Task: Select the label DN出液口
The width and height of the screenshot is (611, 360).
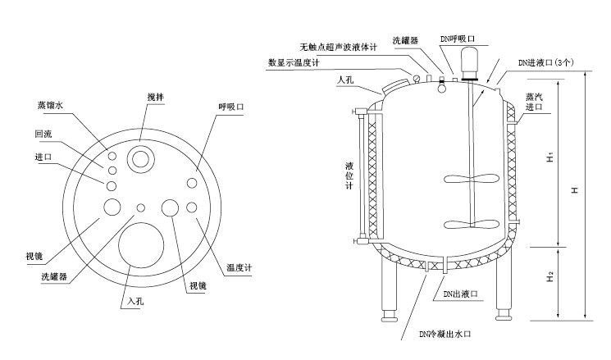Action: click(x=459, y=294)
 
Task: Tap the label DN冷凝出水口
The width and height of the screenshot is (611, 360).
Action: click(x=445, y=334)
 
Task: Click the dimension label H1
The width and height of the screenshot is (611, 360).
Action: click(x=550, y=157)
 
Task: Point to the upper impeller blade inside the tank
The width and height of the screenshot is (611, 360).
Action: click(x=464, y=180)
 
